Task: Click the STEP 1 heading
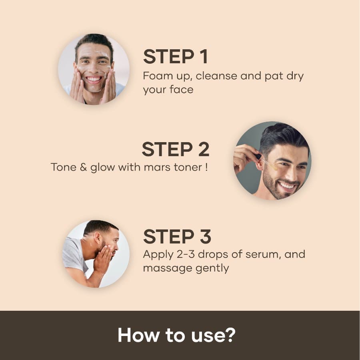pos(176,57)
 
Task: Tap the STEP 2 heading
pos(176,149)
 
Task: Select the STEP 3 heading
pos(177,237)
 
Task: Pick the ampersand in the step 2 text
pos(83,167)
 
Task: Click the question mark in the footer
pos(228,335)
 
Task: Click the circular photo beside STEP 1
pos(94,69)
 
